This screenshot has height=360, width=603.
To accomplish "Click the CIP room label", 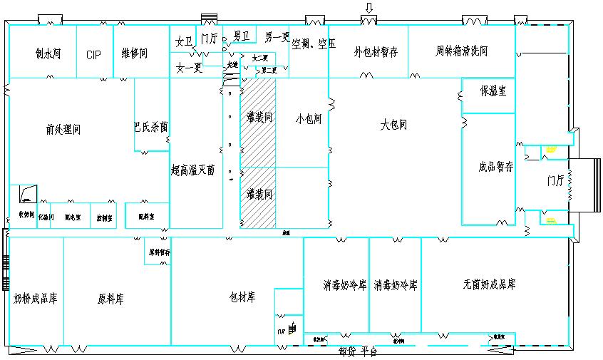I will (x=94, y=55).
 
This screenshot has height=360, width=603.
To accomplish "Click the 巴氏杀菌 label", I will (x=150, y=127).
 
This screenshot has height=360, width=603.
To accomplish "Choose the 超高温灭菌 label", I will (x=192, y=170).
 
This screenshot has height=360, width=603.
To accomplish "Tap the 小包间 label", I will (x=309, y=119).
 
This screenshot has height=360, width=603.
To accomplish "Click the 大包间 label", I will (x=393, y=125).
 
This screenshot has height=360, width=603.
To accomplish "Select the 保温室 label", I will (x=493, y=91).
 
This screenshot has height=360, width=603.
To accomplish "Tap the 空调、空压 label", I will (x=314, y=43).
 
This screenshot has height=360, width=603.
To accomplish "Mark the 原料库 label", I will (x=110, y=298).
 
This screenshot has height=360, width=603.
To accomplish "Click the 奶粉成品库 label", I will (x=36, y=298).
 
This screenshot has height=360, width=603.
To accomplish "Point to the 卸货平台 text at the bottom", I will (x=358, y=351).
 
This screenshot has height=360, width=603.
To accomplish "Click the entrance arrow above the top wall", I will (x=368, y=8).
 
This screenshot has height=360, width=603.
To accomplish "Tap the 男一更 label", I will (x=277, y=37).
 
